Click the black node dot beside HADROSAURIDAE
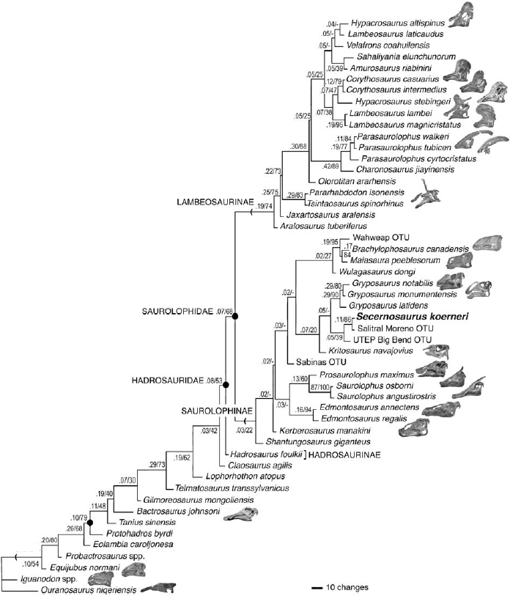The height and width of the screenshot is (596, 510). (x=226, y=384)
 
